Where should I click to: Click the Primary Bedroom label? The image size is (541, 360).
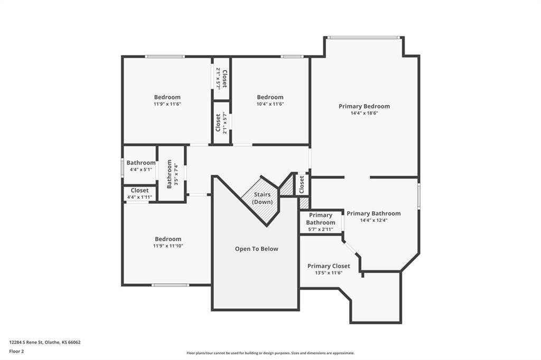[x=364, y=106]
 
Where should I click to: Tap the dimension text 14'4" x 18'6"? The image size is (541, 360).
[x=364, y=113]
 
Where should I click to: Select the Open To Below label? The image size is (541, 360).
[x=256, y=249]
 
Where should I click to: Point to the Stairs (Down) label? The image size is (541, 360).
[x=262, y=198]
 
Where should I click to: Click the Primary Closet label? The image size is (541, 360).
[x=329, y=266]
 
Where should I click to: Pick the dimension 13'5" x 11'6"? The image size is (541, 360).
[x=329, y=273]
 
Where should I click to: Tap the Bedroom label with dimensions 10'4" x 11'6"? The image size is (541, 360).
[x=270, y=97]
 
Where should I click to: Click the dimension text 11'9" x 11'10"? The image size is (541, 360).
[x=168, y=246]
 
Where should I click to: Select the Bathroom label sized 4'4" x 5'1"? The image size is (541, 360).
[x=141, y=163]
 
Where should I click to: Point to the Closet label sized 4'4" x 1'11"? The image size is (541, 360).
[x=139, y=191]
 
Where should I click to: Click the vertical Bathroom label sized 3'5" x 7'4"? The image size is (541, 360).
[x=169, y=174]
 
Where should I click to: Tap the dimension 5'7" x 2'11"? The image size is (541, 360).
[x=321, y=229]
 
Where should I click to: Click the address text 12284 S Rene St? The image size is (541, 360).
[x=26, y=343]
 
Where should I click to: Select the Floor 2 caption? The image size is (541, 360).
[x=16, y=352]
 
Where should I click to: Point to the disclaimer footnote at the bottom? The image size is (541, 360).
[x=270, y=353]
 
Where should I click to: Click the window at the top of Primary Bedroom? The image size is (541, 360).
[x=363, y=37]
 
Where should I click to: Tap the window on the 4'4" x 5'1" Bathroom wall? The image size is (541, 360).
[x=122, y=167]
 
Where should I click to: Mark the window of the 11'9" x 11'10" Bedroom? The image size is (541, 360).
[x=171, y=285]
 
